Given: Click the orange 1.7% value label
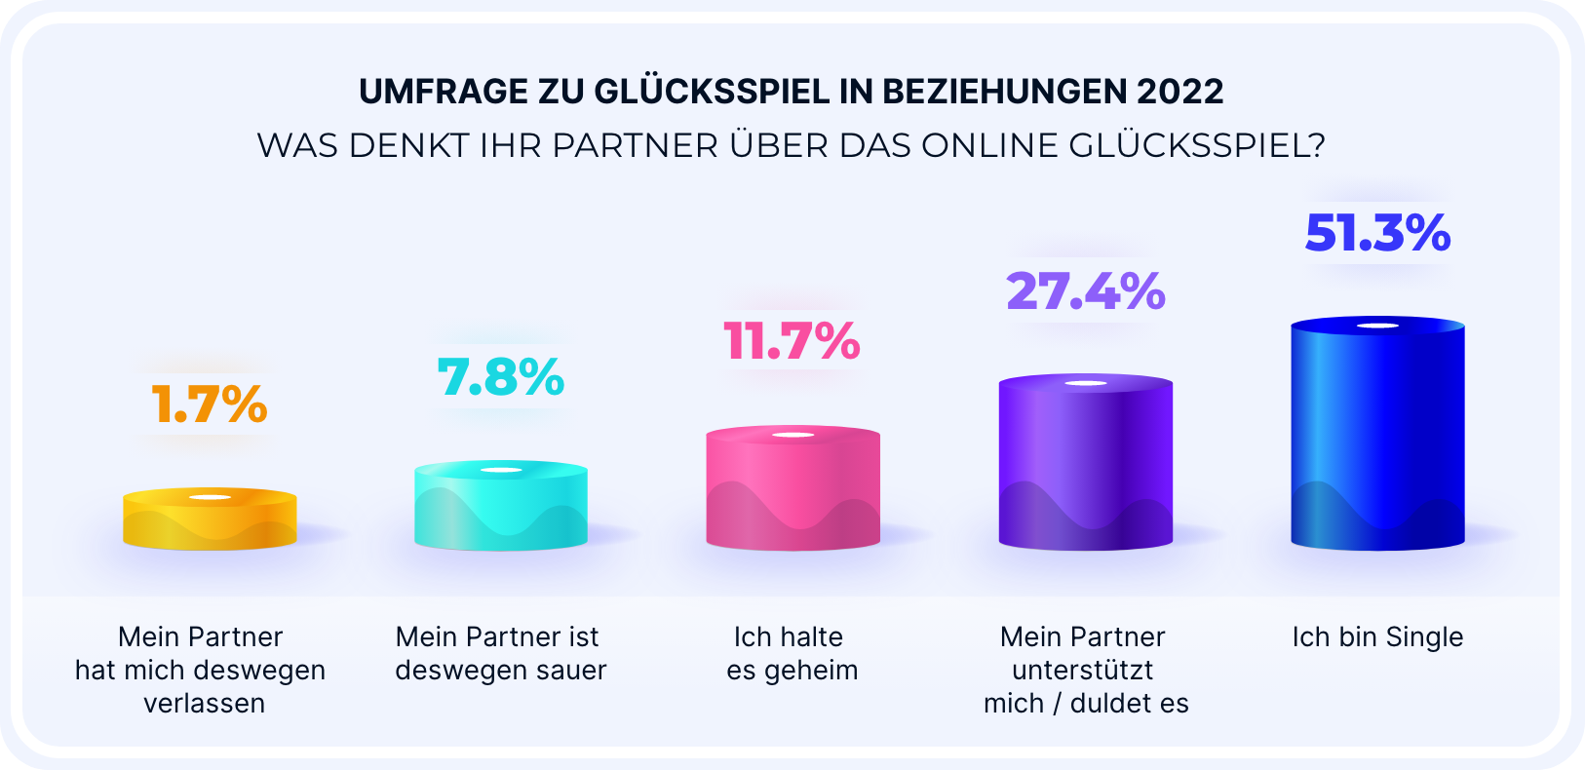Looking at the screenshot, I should pyautogui.click(x=210, y=404).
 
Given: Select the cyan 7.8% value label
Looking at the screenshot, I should pyautogui.click(x=501, y=377).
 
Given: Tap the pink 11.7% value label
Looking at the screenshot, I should pyautogui.click(x=792, y=341).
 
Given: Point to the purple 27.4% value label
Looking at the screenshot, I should pyautogui.click(x=1086, y=291).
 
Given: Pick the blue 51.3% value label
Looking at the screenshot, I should pyautogui.click(x=1377, y=234).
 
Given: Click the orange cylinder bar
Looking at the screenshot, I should pyautogui.click(x=210, y=520).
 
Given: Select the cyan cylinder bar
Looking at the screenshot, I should pyautogui.click(x=501, y=506).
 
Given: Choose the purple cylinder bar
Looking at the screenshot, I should pyautogui.click(x=1086, y=462).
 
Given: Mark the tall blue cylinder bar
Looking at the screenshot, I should pyautogui.click(x=1377, y=434).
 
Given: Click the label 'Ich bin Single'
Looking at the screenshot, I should pyautogui.click(x=1377, y=637).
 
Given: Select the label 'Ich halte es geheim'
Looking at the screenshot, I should pyautogui.click(x=792, y=653).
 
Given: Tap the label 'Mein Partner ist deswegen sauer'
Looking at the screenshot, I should pyautogui.click(x=500, y=653).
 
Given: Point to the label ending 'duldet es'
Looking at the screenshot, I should pyautogui.click(x=1086, y=671).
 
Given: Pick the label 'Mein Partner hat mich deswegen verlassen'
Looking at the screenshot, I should pyautogui.click(x=201, y=670).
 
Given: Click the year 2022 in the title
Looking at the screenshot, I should pyautogui.click(x=1179, y=92).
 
